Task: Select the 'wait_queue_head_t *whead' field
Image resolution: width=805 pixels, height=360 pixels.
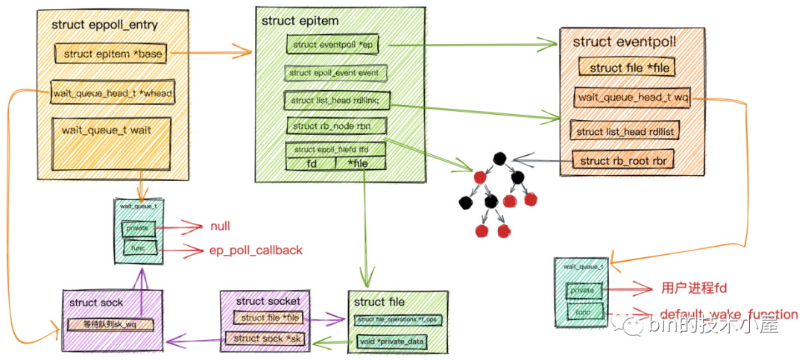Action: pos(113,93)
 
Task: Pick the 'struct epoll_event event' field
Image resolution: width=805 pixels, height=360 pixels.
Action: pos(335,73)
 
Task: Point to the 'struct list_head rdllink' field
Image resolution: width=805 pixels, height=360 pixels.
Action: pos(335,101)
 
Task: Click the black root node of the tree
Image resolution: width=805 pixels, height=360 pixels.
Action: pos(499,158)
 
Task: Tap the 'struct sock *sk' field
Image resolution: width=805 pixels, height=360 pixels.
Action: pos(265,338)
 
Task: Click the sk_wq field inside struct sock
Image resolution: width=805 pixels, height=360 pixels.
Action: pos(111,324)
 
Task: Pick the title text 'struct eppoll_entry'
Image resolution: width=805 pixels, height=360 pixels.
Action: pos(104,24)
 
